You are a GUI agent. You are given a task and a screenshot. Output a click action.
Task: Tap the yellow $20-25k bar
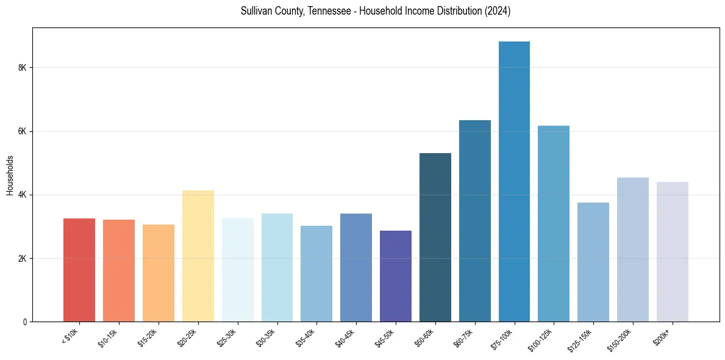198,256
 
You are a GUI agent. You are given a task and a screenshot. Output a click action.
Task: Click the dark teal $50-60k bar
435,237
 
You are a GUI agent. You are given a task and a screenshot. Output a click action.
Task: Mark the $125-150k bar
593,262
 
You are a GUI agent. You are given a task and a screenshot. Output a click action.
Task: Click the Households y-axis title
10,175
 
